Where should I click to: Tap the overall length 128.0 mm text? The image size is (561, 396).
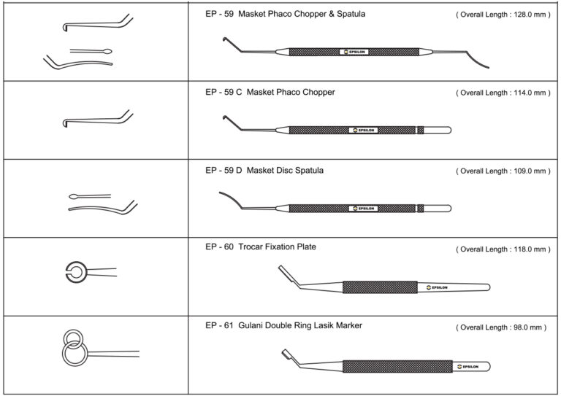[502, 15]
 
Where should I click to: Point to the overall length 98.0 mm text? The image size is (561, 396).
[500, 327]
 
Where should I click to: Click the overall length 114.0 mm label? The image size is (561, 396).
[502, 93]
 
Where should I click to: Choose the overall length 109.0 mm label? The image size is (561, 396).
[502, 171]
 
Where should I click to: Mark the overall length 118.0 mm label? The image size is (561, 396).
[502, 249]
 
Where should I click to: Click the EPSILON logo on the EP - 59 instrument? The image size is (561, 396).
[354, 53]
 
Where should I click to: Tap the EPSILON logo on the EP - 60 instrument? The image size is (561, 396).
[439, 287]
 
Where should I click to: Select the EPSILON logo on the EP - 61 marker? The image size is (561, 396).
[467, 366]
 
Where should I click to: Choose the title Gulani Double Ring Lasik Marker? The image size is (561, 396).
[300, 325]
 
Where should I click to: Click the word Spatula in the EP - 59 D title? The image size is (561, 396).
[307, 171]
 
